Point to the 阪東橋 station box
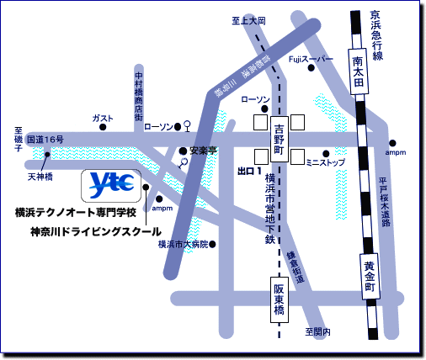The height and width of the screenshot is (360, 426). [280, 299]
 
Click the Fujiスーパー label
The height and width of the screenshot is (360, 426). [311, 59]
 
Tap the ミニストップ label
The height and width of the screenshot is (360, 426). [325, 161]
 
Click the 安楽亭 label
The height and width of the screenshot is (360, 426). [204, 151]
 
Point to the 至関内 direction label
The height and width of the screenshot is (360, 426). [317, 332]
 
